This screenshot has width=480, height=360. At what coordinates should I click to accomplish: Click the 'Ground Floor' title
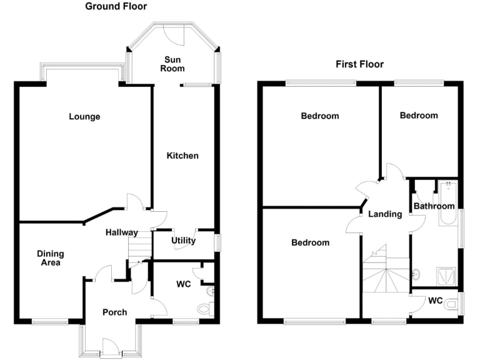(117, 7)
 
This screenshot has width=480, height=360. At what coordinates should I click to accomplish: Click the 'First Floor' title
(359, 64)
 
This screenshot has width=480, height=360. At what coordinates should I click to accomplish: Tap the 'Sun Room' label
(172, 64)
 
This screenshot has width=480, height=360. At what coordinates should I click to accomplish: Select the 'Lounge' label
(85, 117)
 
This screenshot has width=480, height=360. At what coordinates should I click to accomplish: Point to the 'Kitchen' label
(182, 156)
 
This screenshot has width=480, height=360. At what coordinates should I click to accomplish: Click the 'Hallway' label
(121, 232)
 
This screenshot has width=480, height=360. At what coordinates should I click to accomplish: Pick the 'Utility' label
(183, 241)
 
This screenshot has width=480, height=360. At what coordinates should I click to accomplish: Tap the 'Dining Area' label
(51, 258)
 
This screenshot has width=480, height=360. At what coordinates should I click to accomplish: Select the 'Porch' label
(114, 312)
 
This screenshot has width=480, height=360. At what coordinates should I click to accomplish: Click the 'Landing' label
(384, 214)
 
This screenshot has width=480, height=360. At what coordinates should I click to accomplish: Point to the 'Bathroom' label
(433, 206)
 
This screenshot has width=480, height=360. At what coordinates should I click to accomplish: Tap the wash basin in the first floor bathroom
(416, 273)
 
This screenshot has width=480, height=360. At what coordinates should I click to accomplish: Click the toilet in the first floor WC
(454, 305)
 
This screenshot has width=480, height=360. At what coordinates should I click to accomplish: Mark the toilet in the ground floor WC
(204, 308)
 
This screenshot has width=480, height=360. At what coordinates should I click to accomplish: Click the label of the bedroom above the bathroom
(419, 116)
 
